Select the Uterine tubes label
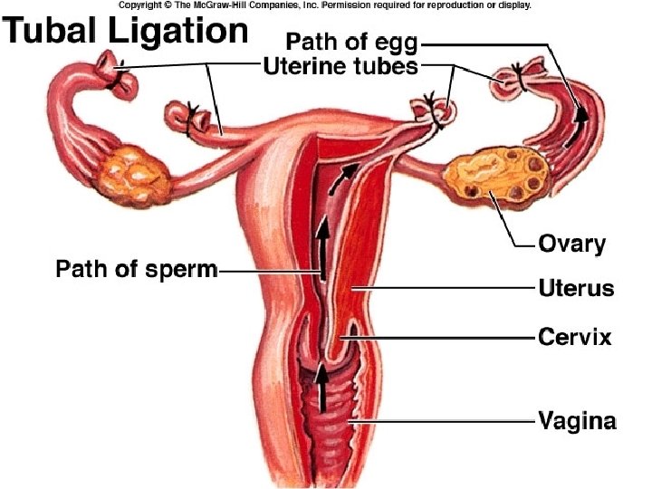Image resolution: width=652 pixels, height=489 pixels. pos(340,65)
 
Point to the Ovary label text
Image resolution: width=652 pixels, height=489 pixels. pos(571,243)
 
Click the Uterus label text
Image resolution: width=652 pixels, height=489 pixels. pos(576,289)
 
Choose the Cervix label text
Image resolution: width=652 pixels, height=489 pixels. pos(575,338)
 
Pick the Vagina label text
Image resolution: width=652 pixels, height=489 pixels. pos(578,421)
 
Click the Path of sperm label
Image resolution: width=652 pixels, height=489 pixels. pos(137,269)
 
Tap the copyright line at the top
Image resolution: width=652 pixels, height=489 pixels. pos(324,5)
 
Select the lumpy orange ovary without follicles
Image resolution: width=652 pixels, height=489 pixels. pos(132,172)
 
